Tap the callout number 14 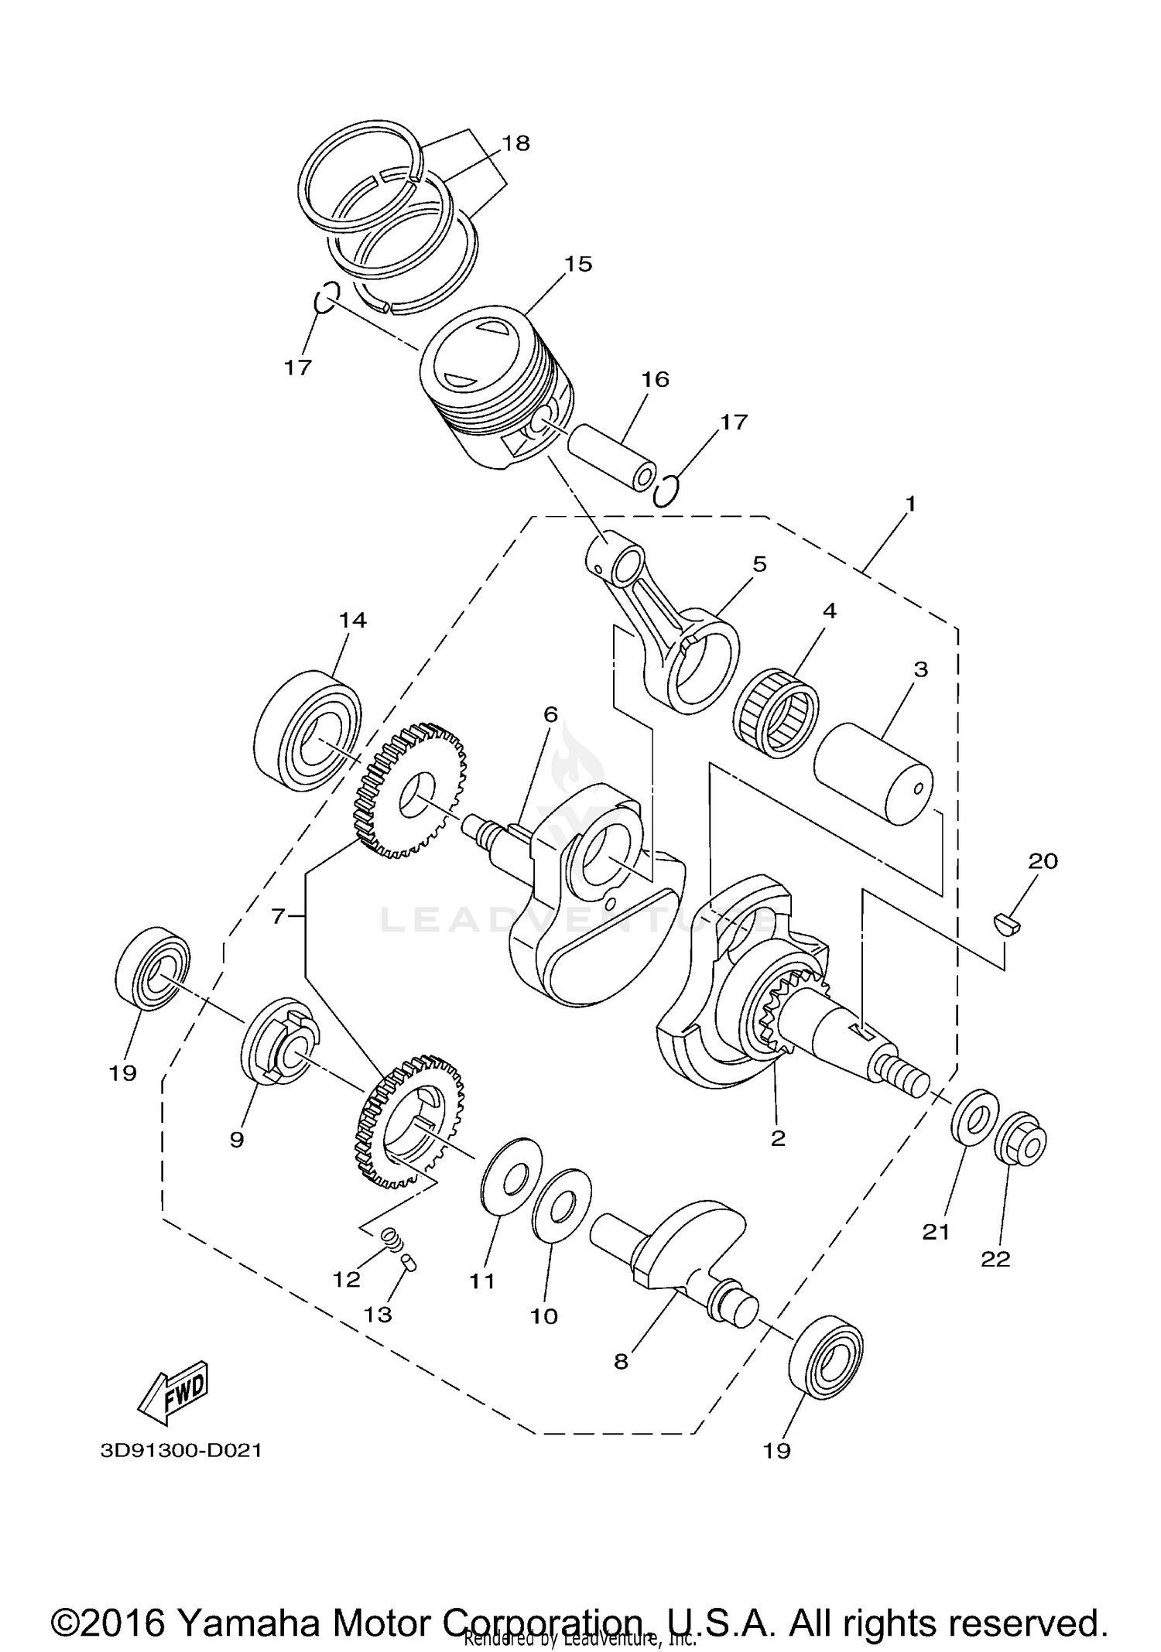click(352, 620)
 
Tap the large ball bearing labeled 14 click(308, 730)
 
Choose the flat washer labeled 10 click(562, 1204)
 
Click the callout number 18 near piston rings click(515, 143)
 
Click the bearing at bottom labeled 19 click(825, 1355)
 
